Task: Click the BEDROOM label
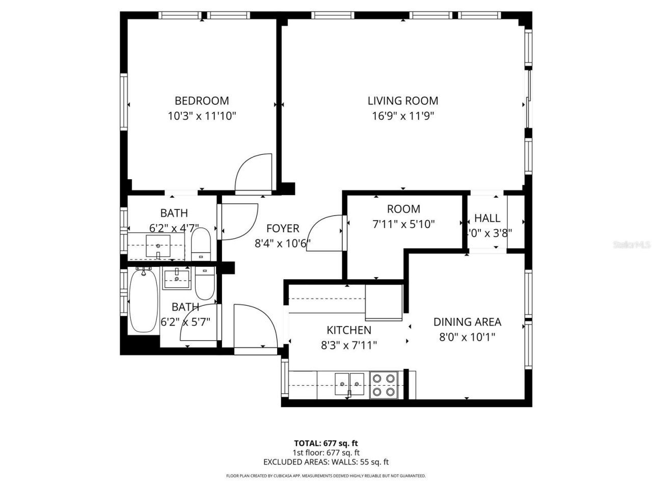coord(202,101)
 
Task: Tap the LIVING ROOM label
coord(403,101)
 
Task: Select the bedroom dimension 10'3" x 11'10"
coord(202,116)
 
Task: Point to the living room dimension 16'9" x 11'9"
coord(403,116)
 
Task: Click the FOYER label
coord(283,229)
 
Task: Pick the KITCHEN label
coord(349,330)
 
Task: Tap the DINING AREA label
coord(467,322)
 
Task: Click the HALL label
coord(487,218)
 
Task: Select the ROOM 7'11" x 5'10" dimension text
coord(403,224)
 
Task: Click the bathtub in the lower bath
coord(143,301)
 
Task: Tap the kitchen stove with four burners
coord(384,386)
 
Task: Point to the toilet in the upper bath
coord(201,244)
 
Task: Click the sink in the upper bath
coord(158,247)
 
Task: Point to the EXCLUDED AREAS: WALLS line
coord(325,462)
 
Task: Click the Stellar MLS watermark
coord(632,245)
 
